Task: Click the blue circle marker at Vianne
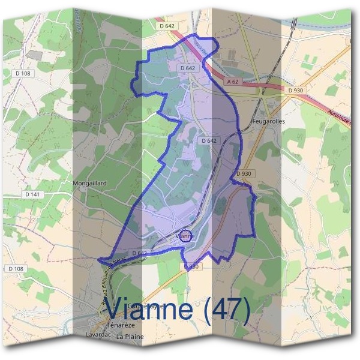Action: [x=186, y=236]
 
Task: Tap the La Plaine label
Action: [x=130, y=337]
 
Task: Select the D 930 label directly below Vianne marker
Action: [x=191, y=266]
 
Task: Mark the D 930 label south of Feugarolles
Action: [x=244, y=174]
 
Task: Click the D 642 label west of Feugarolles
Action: [x=208, y=141]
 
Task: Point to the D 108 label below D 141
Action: [x=17, y=268]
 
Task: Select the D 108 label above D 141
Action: [x=23, y=73]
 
